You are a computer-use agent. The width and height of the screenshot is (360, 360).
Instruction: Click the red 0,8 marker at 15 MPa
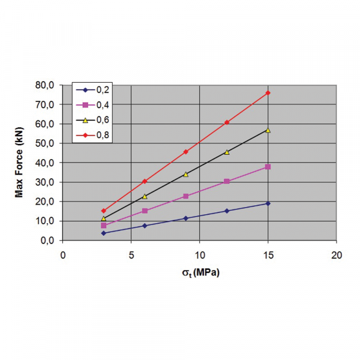pyautogui.click(x=268, y=93)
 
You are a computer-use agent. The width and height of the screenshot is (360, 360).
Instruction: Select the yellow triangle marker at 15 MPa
pyautogui.click(x=268, y=130)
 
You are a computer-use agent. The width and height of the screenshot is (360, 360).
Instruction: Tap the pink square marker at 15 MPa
pyautogui.click(x=268, y=167)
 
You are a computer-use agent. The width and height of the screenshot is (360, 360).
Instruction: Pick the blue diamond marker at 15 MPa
pyautogui.click(x=268, y=203)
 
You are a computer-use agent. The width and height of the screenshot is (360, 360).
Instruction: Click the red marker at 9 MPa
pyautogui.click(x=186, y=152)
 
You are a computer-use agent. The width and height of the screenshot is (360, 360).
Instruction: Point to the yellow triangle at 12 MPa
pyautogui.click(x=227, y=152)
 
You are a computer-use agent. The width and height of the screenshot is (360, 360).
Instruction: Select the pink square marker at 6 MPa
pyautogui.click(x=145, y=211)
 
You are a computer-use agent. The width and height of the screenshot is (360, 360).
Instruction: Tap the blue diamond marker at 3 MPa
pyautogui.click(x=104, y=233)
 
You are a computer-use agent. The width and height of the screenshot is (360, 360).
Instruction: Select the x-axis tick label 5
pyautogui.click(x=131, y=254)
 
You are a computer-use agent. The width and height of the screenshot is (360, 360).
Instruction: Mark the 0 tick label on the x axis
pyautogui.click(x=63, y=254)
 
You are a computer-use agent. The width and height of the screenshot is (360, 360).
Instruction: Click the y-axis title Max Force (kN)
pyautogui.click(x=19, y=163)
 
